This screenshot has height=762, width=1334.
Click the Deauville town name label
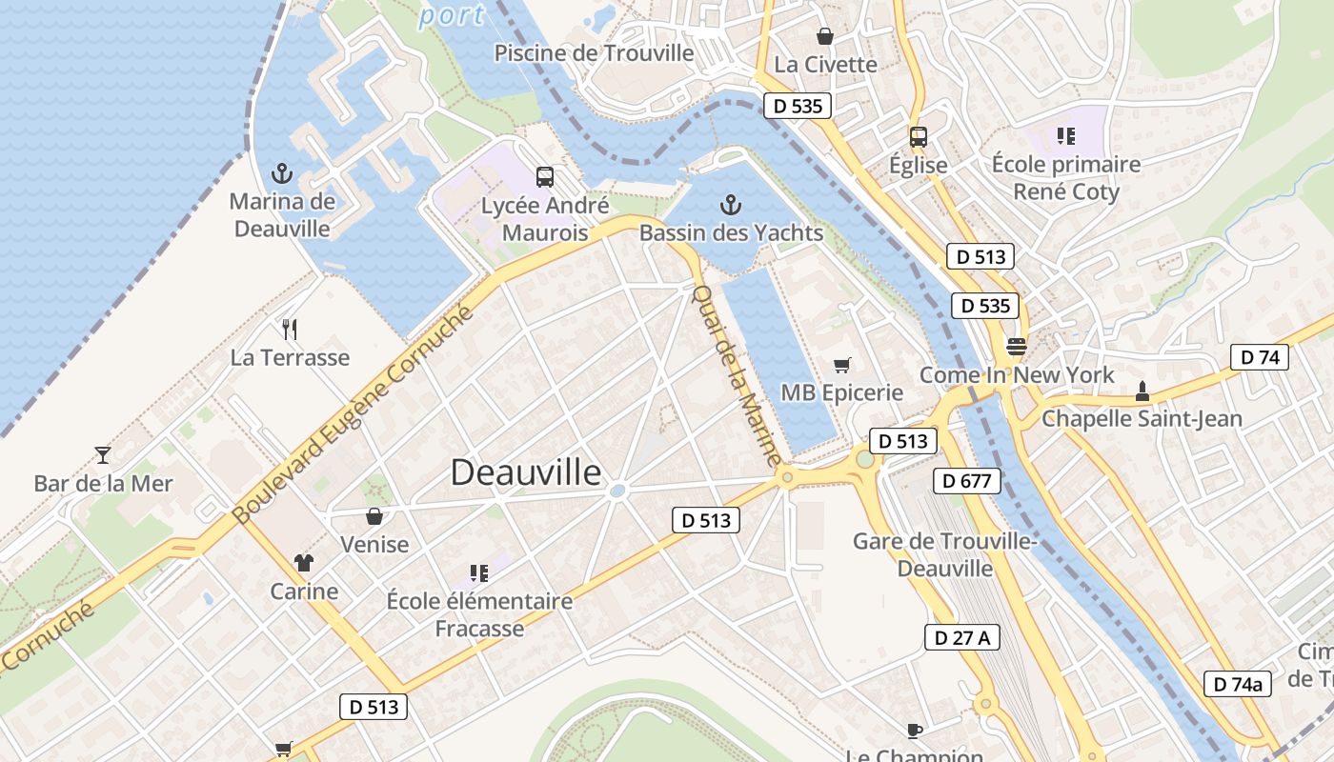pos(526,472)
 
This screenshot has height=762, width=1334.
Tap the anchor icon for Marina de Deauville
pos(281,173)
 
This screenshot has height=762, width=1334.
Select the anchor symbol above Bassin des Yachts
pos(730,204)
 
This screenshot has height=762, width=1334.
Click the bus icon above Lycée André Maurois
pos(545,176)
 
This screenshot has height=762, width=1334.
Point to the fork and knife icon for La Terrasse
pos(290,330)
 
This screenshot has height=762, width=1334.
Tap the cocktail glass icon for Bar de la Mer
pos(103,455)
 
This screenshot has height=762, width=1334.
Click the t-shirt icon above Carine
pos(304,562)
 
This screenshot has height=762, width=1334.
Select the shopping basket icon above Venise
pos(374,516)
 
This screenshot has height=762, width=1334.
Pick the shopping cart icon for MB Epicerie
pos(841,365)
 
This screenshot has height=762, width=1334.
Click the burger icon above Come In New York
pos(1017,346)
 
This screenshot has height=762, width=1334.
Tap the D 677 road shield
pos(967,481)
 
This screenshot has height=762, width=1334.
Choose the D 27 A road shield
pos(961,637)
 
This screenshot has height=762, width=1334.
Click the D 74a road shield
pos(1238,683)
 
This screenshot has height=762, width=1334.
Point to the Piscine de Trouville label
pos(594,53)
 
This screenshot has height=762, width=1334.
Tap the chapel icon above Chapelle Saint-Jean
pos(1142,391)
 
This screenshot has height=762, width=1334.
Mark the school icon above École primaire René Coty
pos(1065,136)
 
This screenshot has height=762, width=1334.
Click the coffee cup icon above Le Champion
pos(915,731)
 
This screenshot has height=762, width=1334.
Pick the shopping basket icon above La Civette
pos(825,36)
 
